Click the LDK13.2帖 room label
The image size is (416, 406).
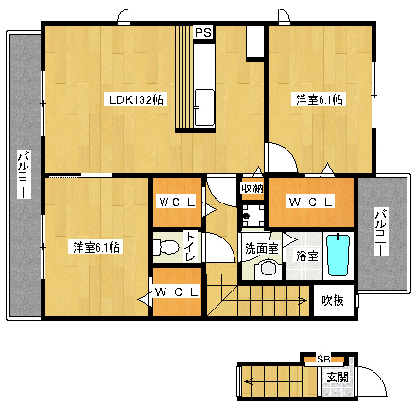136,100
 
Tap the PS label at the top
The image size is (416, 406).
203,32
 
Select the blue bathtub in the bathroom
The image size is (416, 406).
338,255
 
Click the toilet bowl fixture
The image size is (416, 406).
165,247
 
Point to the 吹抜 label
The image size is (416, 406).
333,300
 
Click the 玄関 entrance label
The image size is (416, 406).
338,377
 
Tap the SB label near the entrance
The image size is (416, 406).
323,359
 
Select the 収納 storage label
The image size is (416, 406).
252,188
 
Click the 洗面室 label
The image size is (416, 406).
262,249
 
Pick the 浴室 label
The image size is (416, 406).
307,256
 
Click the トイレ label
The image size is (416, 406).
190,247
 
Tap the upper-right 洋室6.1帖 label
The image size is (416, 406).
319,99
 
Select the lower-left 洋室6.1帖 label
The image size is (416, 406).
96,247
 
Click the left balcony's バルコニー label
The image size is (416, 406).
25,175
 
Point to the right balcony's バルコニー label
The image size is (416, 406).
381,232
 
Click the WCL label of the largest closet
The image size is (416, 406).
310,202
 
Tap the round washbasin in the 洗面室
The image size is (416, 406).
268,269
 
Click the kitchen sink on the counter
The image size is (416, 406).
204,108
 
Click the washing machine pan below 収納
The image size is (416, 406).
253,216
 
